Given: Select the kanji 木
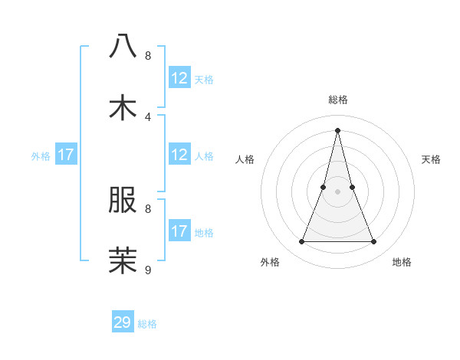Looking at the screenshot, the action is tap(123, 107).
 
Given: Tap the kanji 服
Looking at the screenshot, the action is tap(123, 200).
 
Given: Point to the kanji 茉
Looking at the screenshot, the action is tap(123, 260).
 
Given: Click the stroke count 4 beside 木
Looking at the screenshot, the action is tap(148, 116).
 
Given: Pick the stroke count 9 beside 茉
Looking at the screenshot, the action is tap(148, 270).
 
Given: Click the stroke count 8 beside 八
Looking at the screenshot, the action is tap(148, 55).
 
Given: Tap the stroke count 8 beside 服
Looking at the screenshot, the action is tap(148, 208).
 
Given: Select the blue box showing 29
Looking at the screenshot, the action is tap(123, 322).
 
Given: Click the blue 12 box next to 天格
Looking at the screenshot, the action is tap(179, 78).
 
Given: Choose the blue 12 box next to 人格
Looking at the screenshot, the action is tap(179, 155).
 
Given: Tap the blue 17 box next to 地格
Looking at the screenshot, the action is tap(179, 231).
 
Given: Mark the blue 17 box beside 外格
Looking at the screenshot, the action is tap(66, 155).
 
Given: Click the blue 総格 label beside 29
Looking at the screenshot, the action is tap(147, 324).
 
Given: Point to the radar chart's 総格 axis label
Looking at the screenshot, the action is tap(337, 100).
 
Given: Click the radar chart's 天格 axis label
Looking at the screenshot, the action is tap(431, 159).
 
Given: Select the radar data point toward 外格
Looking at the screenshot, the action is tap(301, 242).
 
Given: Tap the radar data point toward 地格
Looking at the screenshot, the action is tap(374, 242).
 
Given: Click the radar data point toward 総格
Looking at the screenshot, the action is tap(337, 129).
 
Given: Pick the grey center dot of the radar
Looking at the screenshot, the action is tap(337, 191).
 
